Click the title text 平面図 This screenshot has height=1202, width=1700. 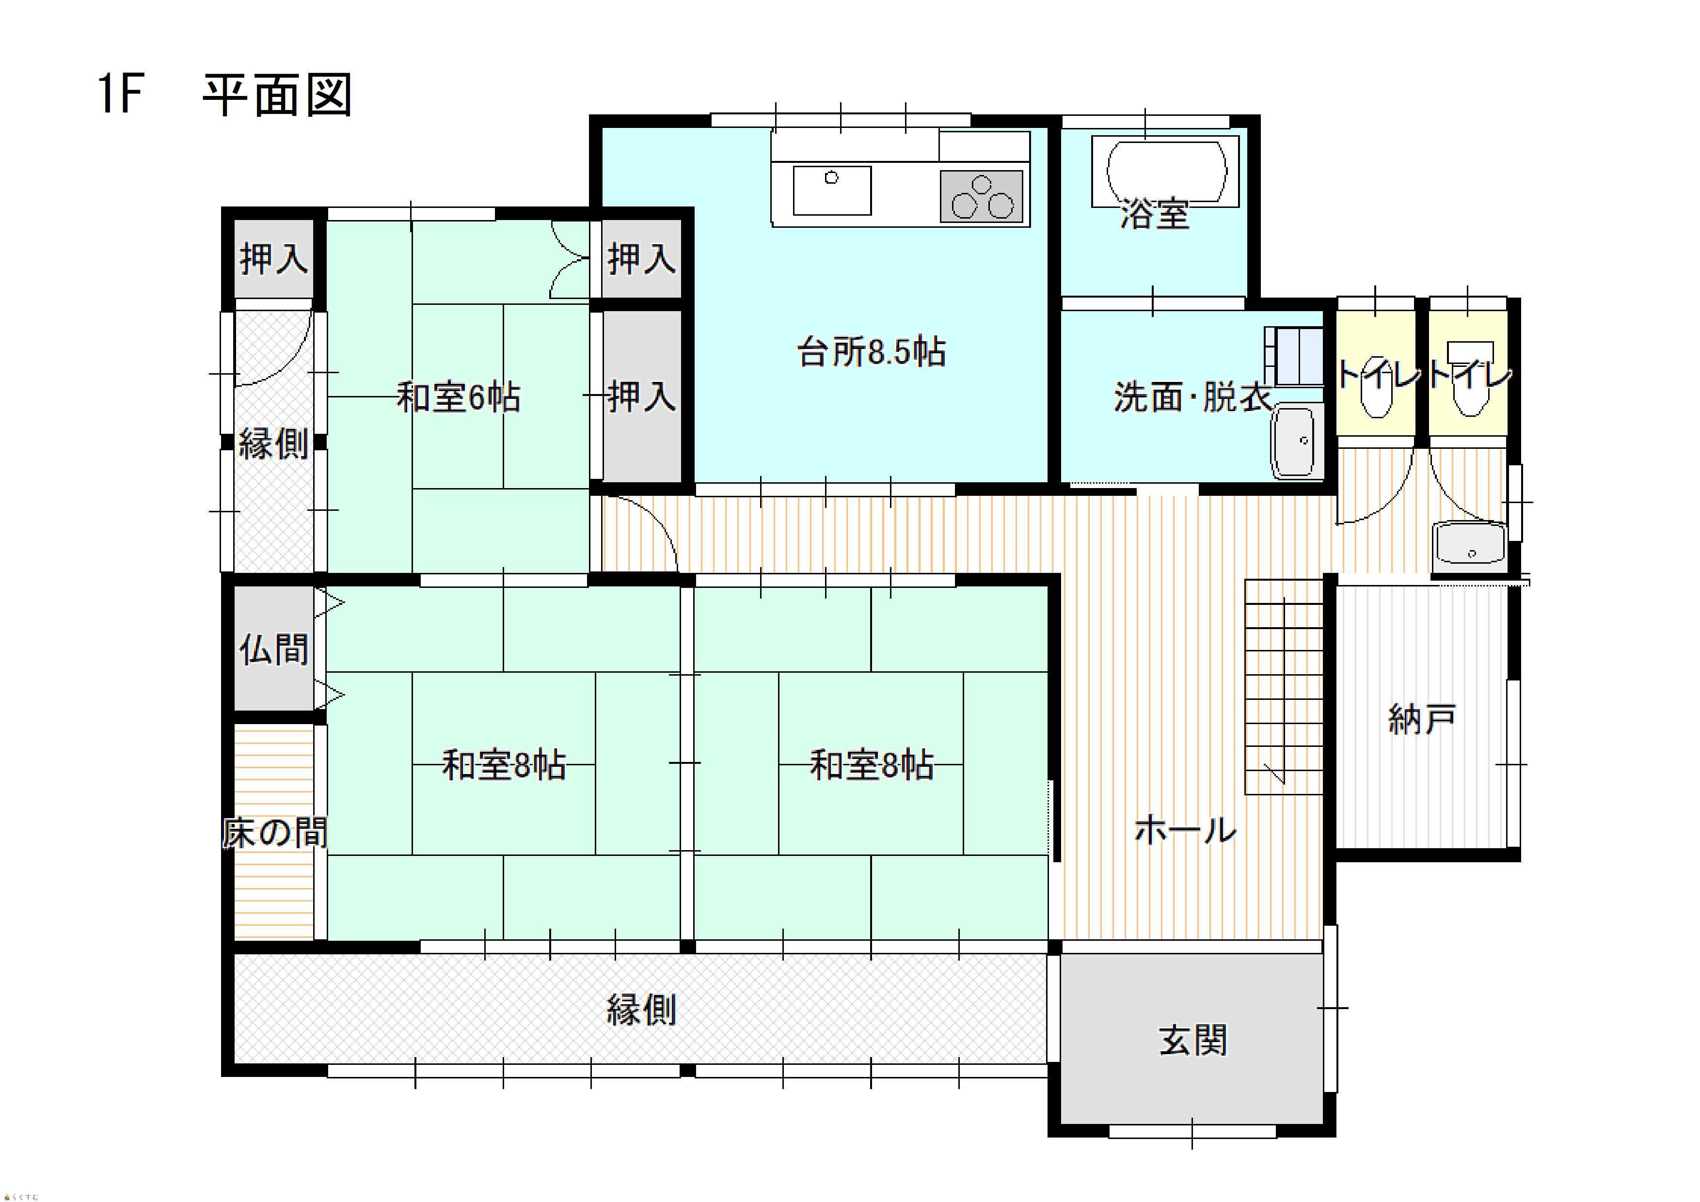pos(277,95)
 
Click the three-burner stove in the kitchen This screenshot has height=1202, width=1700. pos(982,196)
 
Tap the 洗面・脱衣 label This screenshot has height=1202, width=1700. pos(1192,397)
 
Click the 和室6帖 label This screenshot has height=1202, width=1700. pos(458,397)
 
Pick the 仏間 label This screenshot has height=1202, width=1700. pos(273,649)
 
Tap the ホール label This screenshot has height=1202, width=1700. pos(1185,830)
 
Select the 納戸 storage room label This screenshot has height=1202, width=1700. pos(1422,719)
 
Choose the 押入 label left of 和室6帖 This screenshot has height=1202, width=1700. pos(273,258)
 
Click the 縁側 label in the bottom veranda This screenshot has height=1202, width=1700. pos(641,1010)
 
